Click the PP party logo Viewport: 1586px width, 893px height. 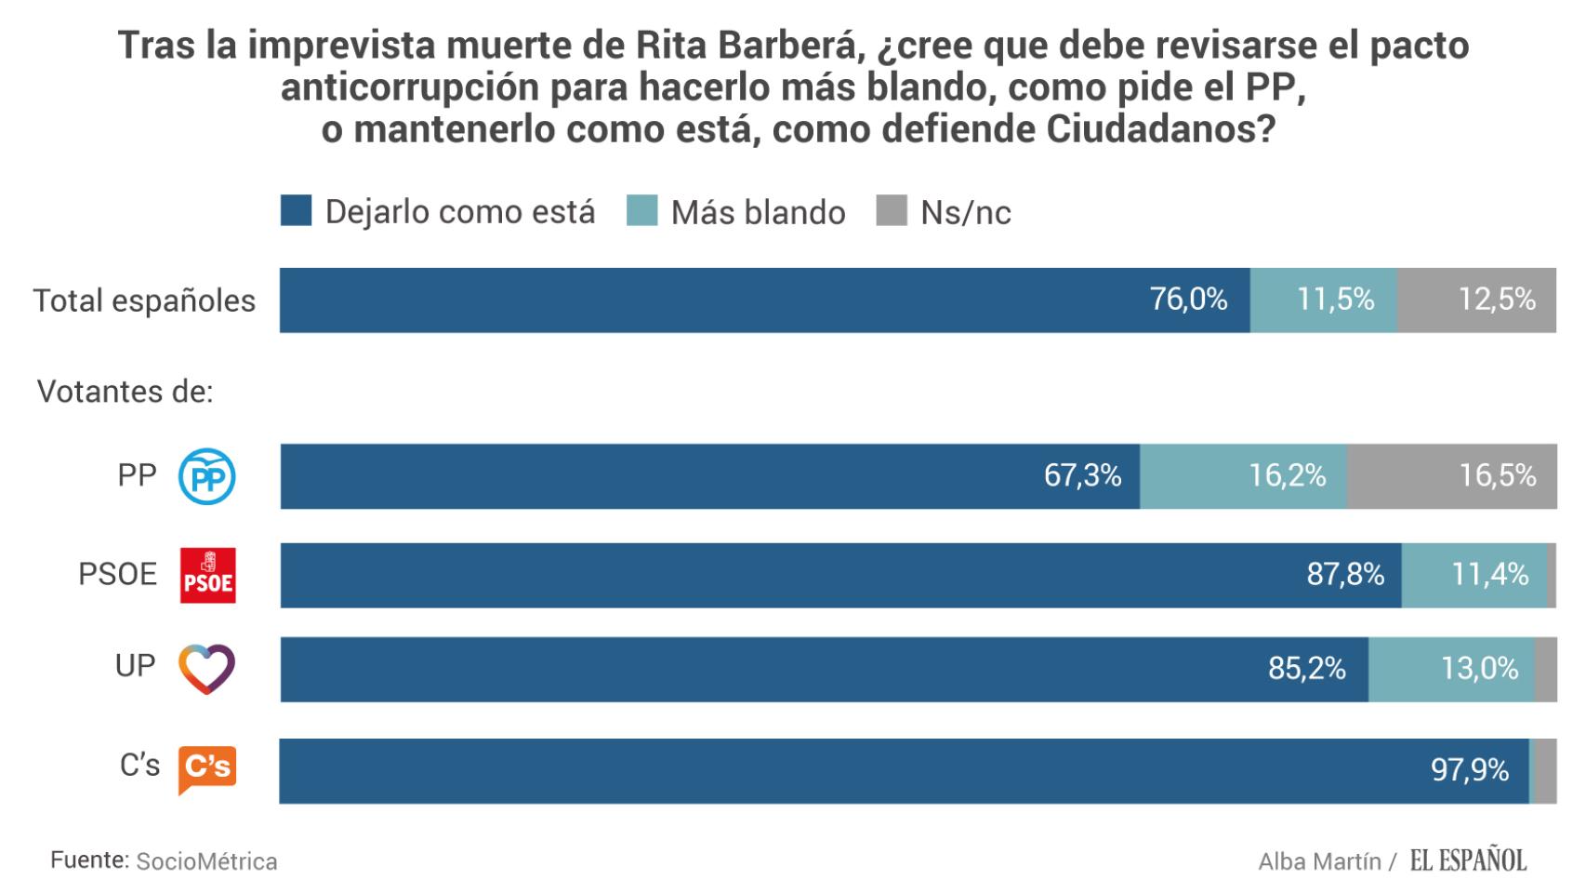206,477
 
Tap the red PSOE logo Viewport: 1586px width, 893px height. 207,575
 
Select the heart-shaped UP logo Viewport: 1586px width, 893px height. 206,668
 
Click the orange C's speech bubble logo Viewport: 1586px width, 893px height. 206,768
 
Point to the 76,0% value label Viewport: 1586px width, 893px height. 1188,300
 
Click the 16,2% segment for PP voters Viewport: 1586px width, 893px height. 1243,476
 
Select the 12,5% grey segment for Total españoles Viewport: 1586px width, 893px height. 1476,300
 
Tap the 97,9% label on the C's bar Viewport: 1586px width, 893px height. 1470,770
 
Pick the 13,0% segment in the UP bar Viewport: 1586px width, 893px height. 1451,669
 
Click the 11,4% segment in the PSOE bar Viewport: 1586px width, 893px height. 1474,575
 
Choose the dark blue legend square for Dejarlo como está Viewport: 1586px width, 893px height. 297,211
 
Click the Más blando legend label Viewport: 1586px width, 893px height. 758,213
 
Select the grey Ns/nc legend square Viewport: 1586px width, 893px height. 892,211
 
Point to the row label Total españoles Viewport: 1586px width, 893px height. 144,300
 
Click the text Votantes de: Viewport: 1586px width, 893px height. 125,392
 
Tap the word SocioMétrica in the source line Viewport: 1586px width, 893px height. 206,861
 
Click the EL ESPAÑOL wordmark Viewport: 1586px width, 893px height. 1468,861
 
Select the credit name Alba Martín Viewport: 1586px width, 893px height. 1319,862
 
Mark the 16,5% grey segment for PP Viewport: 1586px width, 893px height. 1451,476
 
